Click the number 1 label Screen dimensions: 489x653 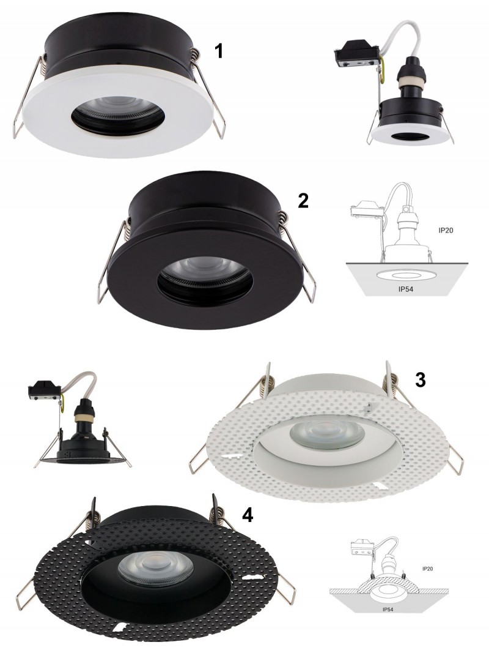[219, 51]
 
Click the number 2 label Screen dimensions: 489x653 [303, 201]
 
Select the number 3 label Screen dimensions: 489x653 [421, 379]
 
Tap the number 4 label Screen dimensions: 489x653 [248, 515]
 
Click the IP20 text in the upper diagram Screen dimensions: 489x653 [446, 230]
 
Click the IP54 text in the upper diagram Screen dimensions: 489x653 [405, 289]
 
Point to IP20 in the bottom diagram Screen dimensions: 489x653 [427, 569]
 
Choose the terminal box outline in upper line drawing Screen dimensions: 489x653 [367, 210]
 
